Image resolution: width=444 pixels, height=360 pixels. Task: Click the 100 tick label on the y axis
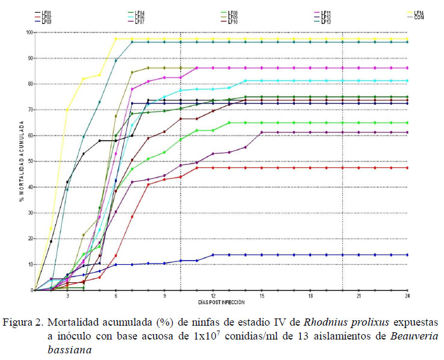coord(28,33)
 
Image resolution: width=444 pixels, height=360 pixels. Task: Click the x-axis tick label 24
coord(407,296)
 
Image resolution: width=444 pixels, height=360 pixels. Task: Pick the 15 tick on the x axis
coord(262,296)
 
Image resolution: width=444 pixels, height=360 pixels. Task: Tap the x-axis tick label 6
coord(116,296)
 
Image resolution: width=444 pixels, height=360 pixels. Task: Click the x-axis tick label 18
coord(310,296)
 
